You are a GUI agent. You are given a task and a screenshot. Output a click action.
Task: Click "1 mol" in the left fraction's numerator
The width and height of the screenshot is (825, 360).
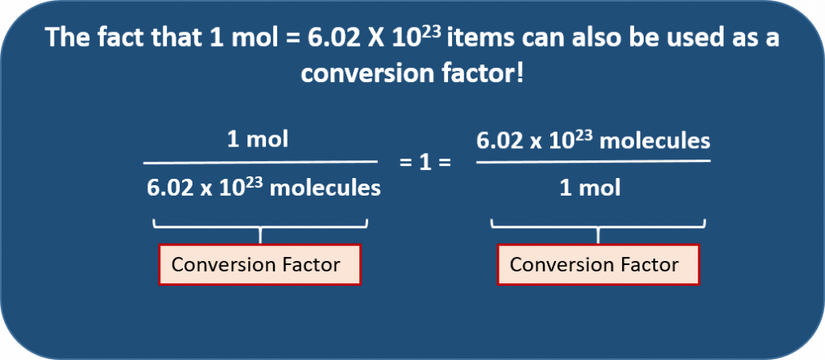(258, 139)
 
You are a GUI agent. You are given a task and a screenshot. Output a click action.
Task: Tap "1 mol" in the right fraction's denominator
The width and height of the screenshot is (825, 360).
(590, 188)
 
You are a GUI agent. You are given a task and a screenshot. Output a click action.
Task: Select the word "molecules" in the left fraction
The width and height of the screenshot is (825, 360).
(325, 188)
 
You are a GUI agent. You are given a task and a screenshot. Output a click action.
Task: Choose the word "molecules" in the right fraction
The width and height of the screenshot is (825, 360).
(655, 140)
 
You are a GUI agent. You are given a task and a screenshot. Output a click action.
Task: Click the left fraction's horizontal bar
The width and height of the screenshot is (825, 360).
(260, 162)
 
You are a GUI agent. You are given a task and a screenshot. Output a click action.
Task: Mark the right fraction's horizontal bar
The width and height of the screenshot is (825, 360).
(593, 161)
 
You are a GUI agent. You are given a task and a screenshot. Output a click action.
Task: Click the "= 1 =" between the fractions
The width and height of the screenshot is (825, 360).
(425, 162)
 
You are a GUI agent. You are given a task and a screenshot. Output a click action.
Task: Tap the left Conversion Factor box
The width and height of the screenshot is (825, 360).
(259, 264)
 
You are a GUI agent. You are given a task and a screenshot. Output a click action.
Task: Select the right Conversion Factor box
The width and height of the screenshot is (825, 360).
(599, 264)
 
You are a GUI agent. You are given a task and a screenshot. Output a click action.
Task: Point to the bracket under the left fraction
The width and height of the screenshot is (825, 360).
(260, 227)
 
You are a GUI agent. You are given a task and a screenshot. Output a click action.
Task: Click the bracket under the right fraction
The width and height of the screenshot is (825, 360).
(599, 227)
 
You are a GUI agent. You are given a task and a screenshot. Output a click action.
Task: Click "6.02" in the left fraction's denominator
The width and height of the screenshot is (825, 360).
(168, 188)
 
